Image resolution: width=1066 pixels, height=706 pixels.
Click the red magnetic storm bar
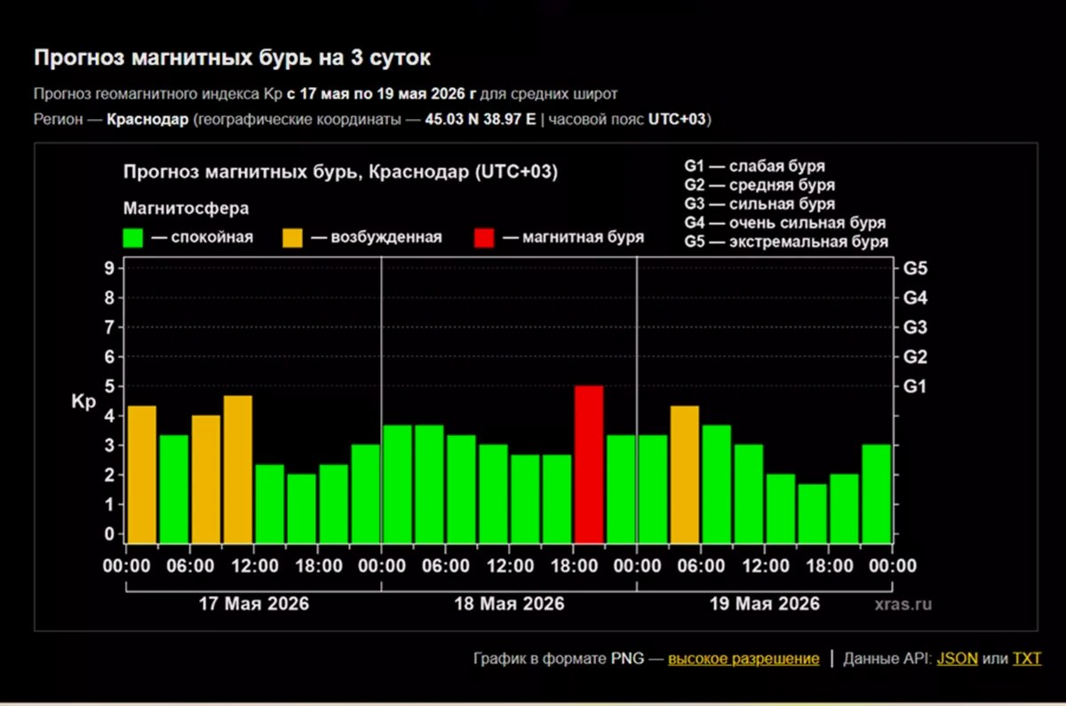(589, 464)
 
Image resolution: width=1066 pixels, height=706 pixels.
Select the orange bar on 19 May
(685, 474)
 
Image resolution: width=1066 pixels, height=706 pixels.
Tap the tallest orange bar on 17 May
(238, 469)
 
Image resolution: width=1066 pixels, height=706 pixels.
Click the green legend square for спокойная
(132, 238)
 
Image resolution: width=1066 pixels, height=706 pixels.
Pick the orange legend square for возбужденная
(292, 238)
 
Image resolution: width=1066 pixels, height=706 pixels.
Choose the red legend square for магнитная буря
(484, 238)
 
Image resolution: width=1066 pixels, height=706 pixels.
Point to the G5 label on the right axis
(915, 268)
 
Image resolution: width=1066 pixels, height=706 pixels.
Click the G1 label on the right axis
(915, 386)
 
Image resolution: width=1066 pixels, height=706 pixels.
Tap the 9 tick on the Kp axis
(109, 268)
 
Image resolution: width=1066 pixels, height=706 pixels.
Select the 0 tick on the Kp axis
(109, 534)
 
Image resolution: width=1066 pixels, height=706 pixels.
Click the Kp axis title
(84, 401)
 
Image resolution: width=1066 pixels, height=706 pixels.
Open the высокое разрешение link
(744, 658)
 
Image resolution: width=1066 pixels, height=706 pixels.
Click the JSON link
(957, 658)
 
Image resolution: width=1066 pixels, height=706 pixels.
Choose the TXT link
(1027, 658)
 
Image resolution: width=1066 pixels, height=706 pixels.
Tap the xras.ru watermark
(903, 604)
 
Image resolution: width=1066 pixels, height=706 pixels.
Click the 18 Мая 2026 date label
(509, 604)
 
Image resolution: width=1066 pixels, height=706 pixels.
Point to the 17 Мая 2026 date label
(254, 604)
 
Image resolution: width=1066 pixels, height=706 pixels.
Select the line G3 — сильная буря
(760, 203)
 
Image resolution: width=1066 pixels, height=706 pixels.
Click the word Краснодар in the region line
(147, 119)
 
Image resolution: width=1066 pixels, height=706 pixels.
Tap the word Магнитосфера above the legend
(186, 209)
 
